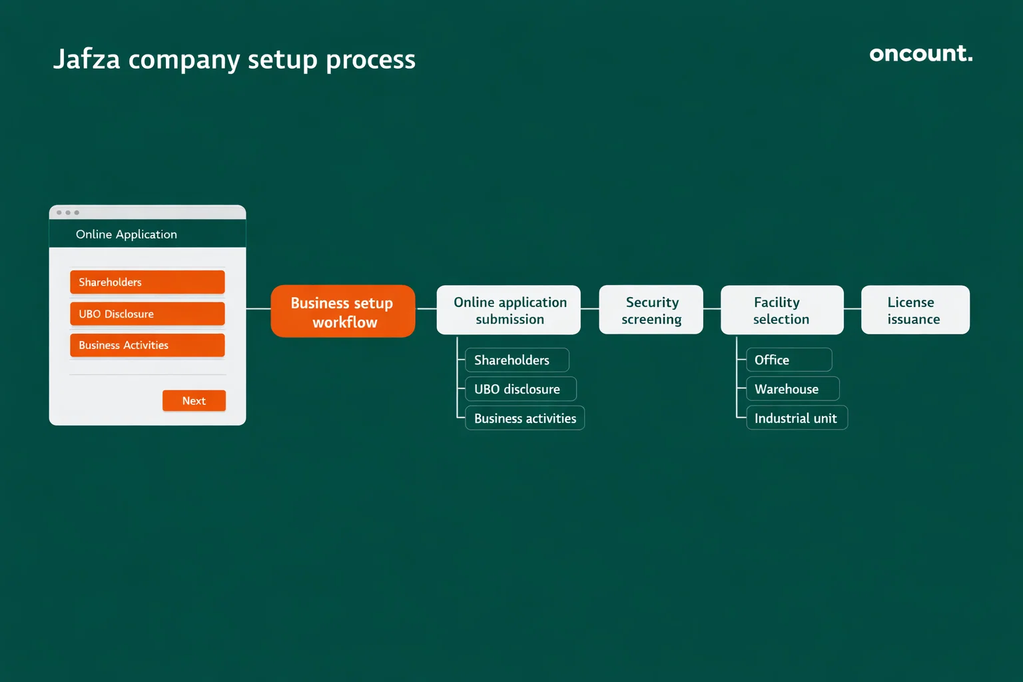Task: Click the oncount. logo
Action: pos(920,54)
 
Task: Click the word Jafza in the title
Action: pos(87,59)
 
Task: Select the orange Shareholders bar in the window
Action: pos(147,282)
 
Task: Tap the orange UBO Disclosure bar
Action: pos(147,314)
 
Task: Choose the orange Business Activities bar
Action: pos(147,345)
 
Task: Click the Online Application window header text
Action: pos(127,234)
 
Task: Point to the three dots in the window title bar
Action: pos(68,212)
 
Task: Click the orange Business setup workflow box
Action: pos(343,312)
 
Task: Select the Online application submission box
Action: pos(509,310)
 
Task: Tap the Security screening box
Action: pos(651,310)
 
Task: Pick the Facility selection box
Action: pos(782,310)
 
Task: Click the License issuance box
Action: pos(915,310)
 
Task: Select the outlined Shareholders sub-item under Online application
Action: pos(517,360)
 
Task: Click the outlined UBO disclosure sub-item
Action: pos(520,389)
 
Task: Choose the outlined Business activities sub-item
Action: pos(525,418)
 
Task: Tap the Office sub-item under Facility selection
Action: pos(789,360)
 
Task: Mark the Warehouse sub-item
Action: pos(793,389)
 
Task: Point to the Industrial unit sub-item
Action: pos(797,418)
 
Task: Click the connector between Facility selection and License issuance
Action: pos(852,309)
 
